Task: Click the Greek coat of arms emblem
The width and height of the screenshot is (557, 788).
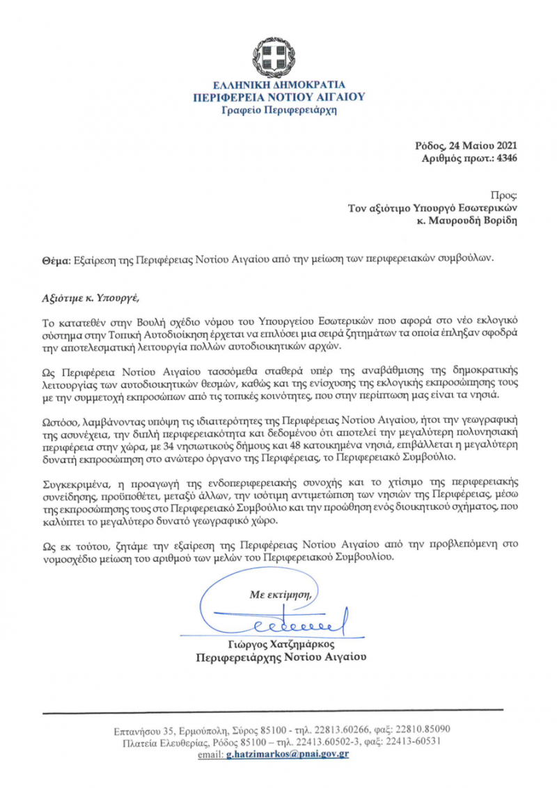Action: click(278, 56)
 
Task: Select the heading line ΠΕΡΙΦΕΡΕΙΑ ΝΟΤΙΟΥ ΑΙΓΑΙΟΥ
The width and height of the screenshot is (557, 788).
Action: click(278, 97)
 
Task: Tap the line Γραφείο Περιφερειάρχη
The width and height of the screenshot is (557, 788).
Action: click(278, 110)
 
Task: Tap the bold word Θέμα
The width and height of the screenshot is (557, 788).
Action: click(56, 259)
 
